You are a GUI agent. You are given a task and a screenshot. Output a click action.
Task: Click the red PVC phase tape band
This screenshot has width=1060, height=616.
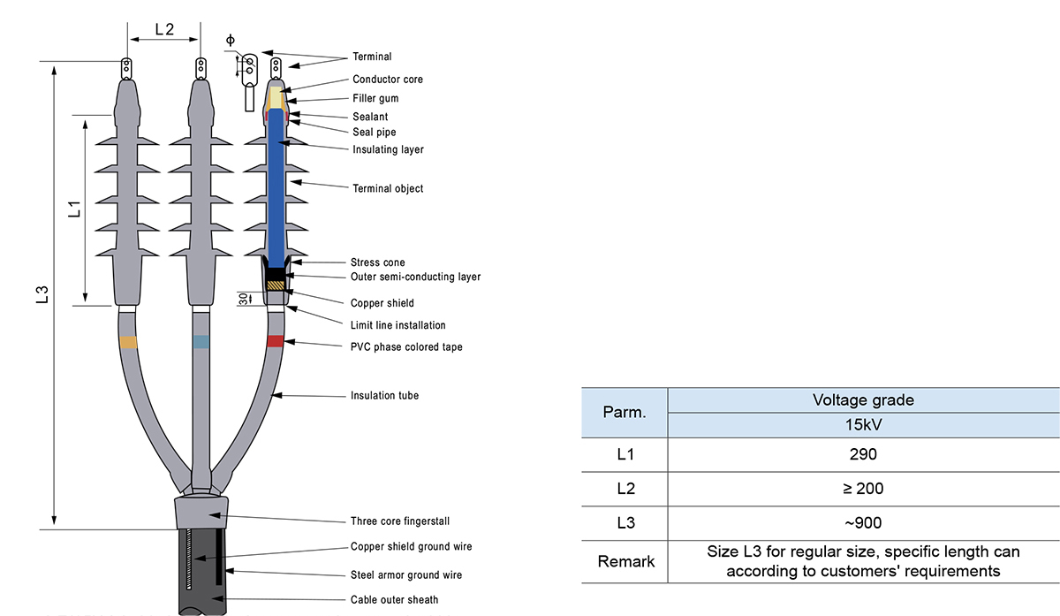coord(276,341)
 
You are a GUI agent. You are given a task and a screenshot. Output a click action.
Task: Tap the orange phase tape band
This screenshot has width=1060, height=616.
coord(128,342)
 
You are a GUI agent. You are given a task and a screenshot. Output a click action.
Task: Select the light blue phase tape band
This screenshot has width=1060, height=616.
coord(201,342)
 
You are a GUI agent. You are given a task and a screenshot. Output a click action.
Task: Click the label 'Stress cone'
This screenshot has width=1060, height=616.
coord(378,262)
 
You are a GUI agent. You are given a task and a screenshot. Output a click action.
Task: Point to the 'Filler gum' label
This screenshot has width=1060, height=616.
coord(376,98)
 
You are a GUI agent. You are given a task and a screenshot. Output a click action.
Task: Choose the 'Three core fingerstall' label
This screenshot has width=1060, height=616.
coord(399,521)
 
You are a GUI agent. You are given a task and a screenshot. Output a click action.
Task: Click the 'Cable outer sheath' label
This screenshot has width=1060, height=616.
coord(394,600)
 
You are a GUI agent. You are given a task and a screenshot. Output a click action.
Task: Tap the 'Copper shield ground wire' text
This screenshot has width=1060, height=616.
coord(411,547)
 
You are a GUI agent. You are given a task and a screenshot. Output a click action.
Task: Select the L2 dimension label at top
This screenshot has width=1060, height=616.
coord(164,29)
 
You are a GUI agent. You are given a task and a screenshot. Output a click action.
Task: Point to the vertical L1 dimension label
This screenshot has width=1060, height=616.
coord(75,210)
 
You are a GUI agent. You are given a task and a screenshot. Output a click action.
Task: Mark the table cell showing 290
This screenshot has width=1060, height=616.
coord(863,454)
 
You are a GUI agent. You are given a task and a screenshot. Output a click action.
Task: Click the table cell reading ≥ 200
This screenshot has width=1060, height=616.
coord(863,488)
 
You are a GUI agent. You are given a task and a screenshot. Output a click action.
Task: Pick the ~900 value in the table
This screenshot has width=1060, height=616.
coord(863,522)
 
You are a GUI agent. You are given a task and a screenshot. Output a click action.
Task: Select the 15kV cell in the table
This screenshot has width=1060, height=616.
coord(863,423)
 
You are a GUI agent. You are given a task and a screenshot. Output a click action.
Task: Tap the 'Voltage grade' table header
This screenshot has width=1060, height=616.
coord(863,399)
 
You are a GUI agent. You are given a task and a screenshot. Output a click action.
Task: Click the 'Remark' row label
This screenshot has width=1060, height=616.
coord(625,561)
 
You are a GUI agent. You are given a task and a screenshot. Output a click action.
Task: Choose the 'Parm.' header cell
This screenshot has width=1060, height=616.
coord(625,412)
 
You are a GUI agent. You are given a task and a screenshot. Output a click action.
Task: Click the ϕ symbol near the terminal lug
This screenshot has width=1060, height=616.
coord(231,40)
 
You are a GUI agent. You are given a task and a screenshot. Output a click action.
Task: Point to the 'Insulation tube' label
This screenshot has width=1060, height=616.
coord(384,395)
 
